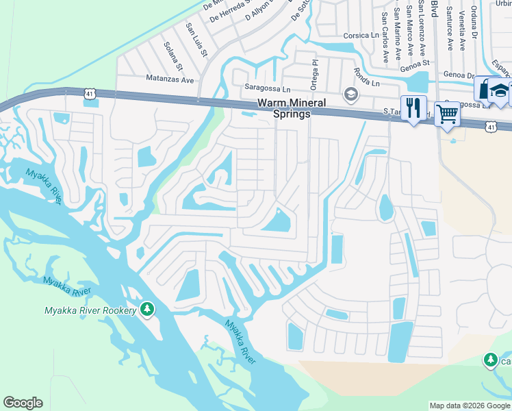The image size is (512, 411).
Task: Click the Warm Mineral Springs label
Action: (x=284, y=108)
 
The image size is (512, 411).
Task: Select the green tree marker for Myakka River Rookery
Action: (x=146, y=310)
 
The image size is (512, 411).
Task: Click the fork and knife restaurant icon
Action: (x=413, y=109)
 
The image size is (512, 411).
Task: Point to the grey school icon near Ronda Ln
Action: (x=351, y=94)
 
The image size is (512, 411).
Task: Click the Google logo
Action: (x=23, y=403)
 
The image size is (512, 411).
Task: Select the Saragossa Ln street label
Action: (x=268, y=88)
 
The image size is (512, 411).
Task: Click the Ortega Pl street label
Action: (x=316, y=71)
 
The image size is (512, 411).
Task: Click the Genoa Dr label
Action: (x=459, y=75)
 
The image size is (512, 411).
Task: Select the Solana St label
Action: (x=172, y=55)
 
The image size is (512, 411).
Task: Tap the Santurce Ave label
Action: (x=450, y=28)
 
